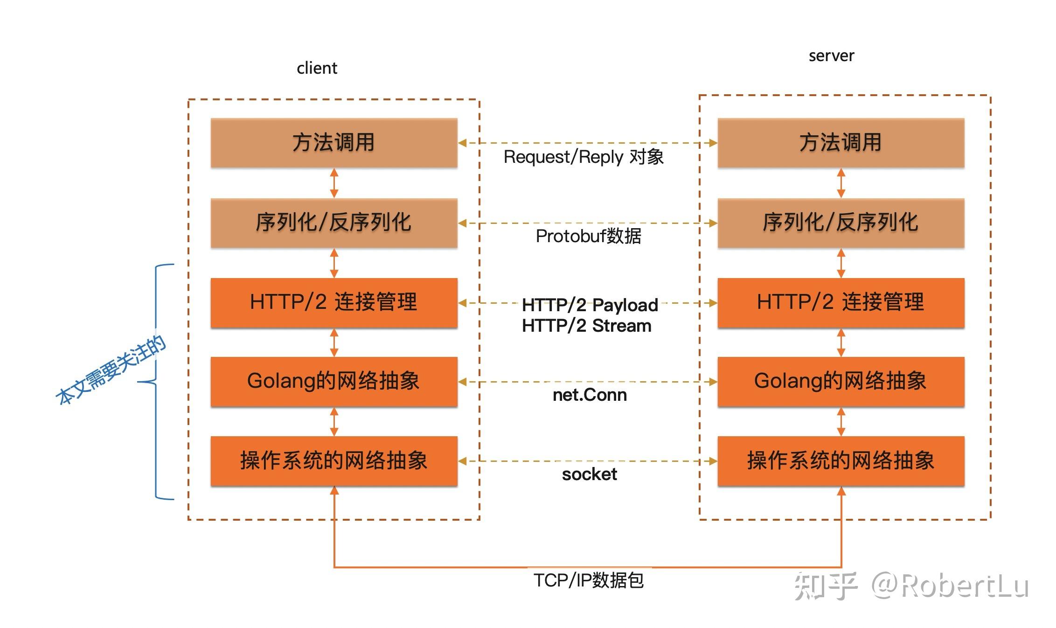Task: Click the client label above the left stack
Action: click(317, 68)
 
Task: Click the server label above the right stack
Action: click(831, 56)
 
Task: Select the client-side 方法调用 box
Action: click(334, 143)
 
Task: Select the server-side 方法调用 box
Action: click(841, 143)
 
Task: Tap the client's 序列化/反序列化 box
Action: click(334, 223)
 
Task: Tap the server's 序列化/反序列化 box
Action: click(841, 223)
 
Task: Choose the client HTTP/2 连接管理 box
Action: click(334, 303)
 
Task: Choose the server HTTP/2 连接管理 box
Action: click(841, 303)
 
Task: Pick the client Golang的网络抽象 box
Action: click(334, 382)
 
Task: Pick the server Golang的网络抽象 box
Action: click(841, 382)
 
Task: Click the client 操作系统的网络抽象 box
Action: click(334, 461)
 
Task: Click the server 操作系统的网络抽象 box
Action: click(841, 461)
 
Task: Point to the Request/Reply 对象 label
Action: click(584, 157)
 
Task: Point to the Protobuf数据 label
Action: click(589, 237)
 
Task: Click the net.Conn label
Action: click(590, 395)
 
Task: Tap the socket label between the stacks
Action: click(590, 474)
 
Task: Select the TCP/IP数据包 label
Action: click(589, 580)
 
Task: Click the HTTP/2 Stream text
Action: click(587, 326)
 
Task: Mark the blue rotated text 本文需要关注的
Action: click(111, 370)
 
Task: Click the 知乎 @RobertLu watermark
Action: click(911, 586)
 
